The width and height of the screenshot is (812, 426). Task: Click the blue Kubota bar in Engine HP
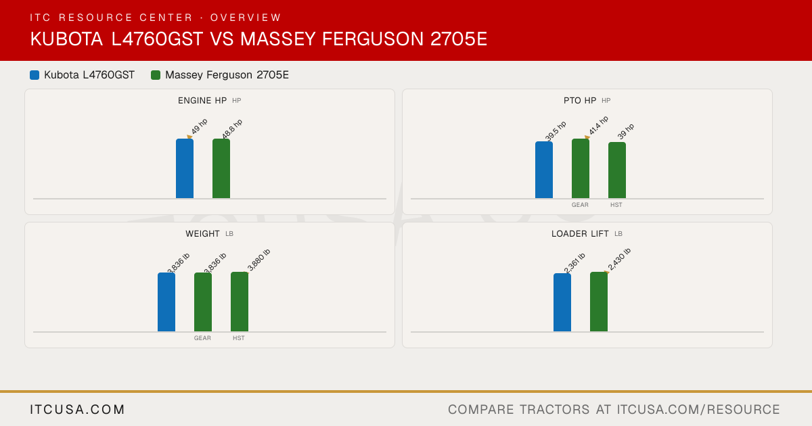pos(185,168)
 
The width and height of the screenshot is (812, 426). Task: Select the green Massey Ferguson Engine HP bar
pos(221,168)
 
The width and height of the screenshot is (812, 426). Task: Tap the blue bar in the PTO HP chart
pos(544,170)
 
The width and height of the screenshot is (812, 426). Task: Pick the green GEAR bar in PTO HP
pos(581,168)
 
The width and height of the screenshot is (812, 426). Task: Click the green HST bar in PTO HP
pos(617,170)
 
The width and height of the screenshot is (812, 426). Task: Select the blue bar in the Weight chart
pos(166,302)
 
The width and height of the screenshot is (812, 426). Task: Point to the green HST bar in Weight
pos(240,302)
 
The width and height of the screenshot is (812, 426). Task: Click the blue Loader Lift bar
pos(562,302)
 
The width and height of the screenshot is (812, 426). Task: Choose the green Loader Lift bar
pos(599,302)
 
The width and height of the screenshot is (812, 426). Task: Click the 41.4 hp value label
pos(598,125)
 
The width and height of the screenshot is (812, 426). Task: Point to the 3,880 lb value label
pos(258,260)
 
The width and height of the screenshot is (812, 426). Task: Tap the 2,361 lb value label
pos(574,263)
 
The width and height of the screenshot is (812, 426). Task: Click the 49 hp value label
pos(200,126)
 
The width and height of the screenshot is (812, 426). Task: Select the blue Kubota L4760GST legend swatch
pos(35,75)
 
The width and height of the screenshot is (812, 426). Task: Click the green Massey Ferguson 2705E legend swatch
pos(156,75)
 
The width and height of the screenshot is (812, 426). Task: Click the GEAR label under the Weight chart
pos(202,338)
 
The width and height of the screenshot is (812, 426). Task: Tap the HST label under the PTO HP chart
pos(616,205)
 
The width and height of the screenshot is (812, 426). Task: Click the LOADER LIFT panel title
pos(580,234)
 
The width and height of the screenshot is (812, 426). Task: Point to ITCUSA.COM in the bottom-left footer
pos(77,409)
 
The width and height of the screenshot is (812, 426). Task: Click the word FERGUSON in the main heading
pos(373,39)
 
